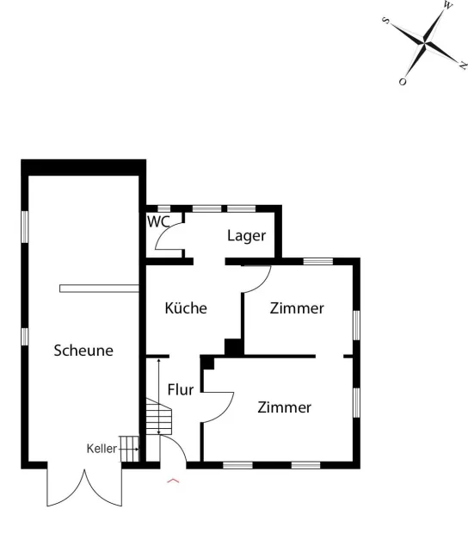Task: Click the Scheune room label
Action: [x=83, y=351]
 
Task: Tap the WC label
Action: [x=158, y=222]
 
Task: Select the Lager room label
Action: [x=246, y=236]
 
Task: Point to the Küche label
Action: [x=186, y=307]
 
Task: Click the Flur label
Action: [x=181, y=389]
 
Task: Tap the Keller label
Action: [x=102, y=449]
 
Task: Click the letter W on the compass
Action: [x=447, y=5]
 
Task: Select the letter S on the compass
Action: [x=386, y=21]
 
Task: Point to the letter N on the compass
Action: [x=463, y=65]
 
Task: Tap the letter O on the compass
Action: [x=403, y=82]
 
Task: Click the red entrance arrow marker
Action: [x=173, y=481]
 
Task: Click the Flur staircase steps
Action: [x=158, y=416]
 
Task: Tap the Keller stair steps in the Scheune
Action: [x=129, y=449]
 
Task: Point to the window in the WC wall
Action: [x=163, y=208]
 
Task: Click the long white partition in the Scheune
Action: [x=99, y=289]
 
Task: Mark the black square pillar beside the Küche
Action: [x=234, y=347]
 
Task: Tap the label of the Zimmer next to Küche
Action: [x=297, y=308]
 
